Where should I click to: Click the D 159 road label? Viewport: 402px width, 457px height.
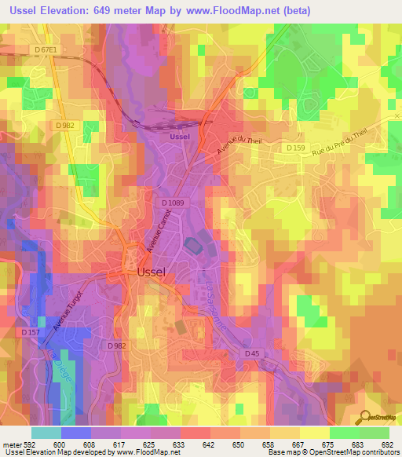[x=295, y=148]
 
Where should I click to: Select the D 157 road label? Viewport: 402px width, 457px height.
[x=31, y=332]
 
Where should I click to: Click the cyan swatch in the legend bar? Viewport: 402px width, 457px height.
[x=46, y=433]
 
